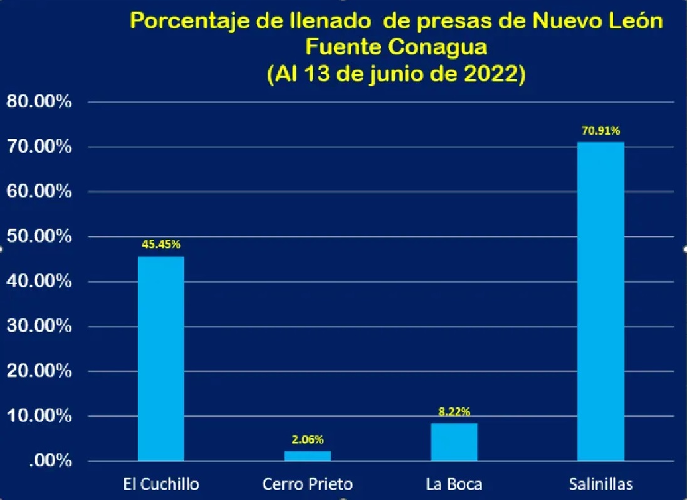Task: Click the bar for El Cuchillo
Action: coord(160,358)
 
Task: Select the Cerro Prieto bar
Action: coord(307,456)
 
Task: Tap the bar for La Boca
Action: coord(454,442)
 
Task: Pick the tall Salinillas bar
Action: coord(600,301)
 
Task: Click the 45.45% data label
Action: coord(160,244)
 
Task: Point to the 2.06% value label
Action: coord(307,439)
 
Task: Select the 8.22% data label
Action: coord(454,412)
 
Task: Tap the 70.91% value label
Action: coord(600,131)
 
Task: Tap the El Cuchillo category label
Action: coord(160,484)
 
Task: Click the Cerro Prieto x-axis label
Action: coord(307,484)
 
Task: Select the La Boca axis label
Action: coord(454,484)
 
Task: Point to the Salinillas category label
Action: coord(600,484)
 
